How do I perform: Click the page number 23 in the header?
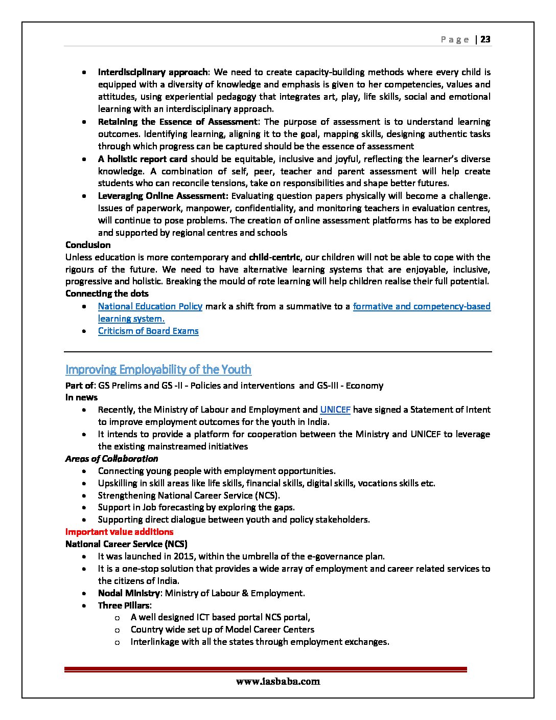(x=485, y=39)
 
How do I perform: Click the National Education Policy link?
(x=150, y=306)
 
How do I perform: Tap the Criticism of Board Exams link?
(x=148, y=331)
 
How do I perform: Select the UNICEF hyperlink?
(x=335, y=410)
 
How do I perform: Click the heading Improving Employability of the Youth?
(x=158, y=369)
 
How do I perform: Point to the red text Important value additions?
(x=119, y=532)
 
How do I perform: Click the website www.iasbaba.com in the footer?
(x=278, y=681)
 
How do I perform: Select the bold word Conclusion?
(x=88, y=245)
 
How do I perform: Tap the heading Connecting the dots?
(x=107, y=294)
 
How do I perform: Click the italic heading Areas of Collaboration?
(x=111, y=459)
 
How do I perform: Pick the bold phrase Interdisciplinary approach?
(x=153, y=72)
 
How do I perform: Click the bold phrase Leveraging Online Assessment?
(x=163, y=196)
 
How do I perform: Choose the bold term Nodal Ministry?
(x=129, y=593)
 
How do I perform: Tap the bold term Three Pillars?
(x=124, y=605)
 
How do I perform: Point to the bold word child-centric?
(x=274, y=257)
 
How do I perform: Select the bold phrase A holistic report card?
(x=143, y=159)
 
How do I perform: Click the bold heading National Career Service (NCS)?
(x=126, y=544)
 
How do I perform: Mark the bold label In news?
(x=81, y=397)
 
